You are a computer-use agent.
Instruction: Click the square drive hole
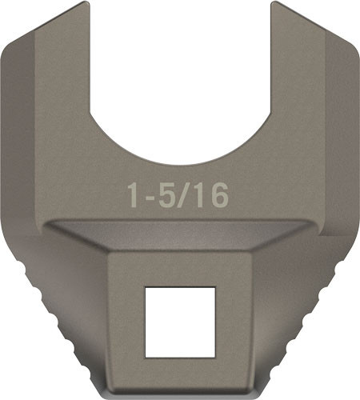pyautogui.click(x=180, y=320)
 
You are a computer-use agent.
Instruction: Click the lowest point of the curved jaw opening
pyautogui.click(x=180, y=164)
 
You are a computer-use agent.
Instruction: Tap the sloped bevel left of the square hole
pyautogui.click(x=88, y=272)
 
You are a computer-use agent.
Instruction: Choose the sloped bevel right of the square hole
pyautogui.click(x=272, y=272)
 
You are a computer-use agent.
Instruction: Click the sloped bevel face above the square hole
pyautogui.click(x=180, y=236)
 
